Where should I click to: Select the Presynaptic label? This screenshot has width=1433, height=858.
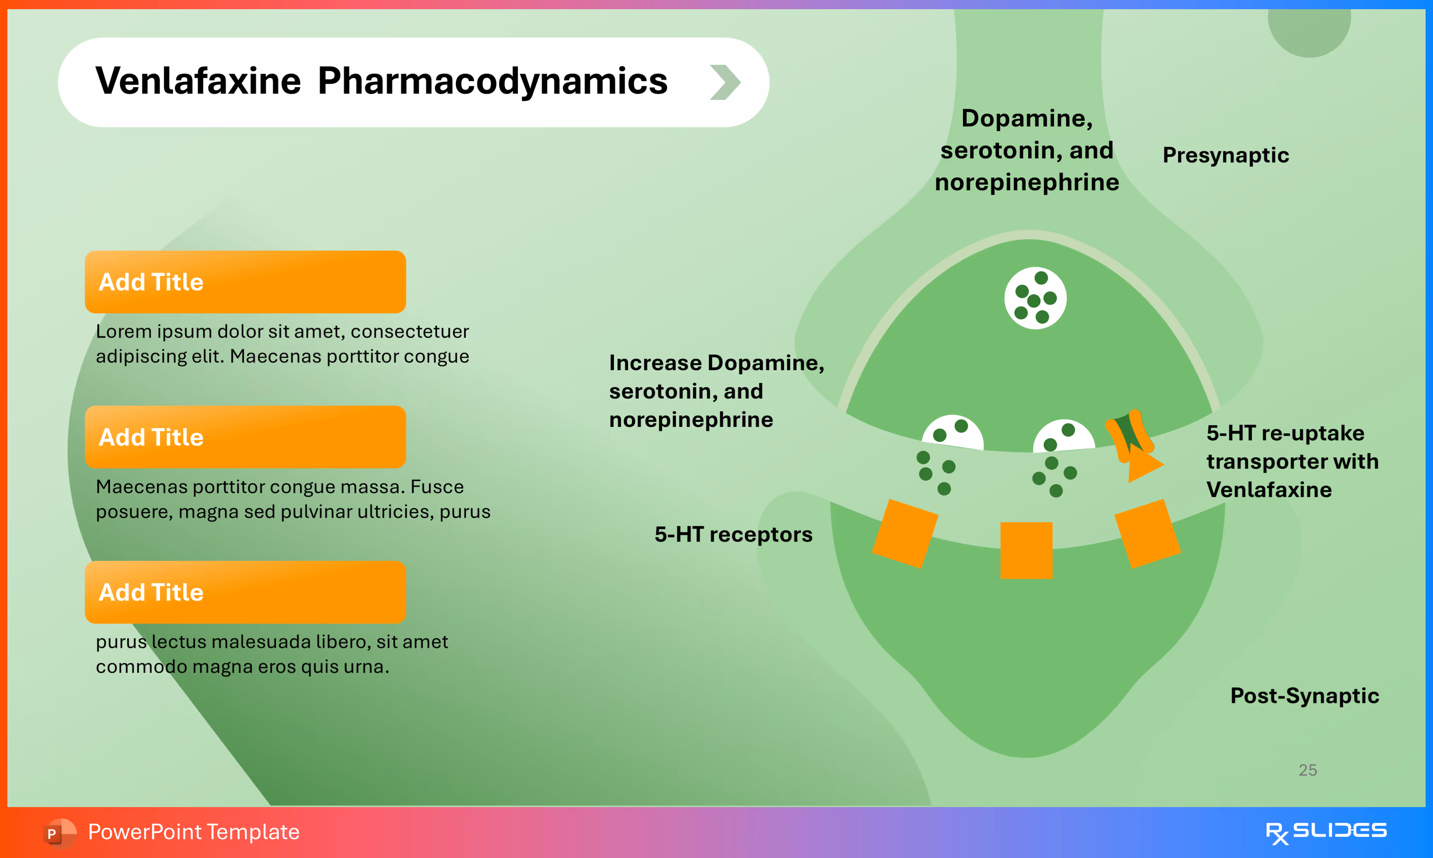click(1225, 155)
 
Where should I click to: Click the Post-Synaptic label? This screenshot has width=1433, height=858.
click(1304, 696)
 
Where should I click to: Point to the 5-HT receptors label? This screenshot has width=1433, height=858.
click(733, 534)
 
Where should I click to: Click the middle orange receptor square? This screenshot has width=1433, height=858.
click(1026, 550)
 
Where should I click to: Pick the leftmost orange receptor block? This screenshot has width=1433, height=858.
click(905, 534)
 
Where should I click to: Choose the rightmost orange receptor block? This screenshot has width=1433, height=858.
click(1147, 533)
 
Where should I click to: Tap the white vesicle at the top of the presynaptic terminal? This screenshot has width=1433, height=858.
click(1035, 298)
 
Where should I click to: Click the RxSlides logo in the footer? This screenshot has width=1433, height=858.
click(1326, 832)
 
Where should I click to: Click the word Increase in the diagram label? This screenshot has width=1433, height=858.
click(655, 363)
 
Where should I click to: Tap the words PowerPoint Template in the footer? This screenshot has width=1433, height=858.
click(193, 832)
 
